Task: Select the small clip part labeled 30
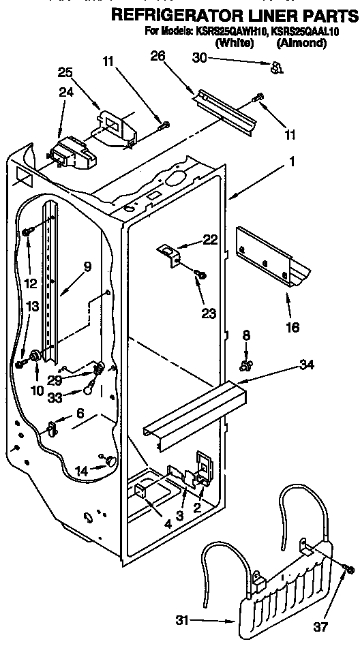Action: pyautogui.click(x=275, y=67)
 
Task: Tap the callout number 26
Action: pyautogui.click(x=157, y=57)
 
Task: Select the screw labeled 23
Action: pyautogui.click(x=201, y=276)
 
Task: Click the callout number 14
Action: pyautogui.click(x=82, y=470)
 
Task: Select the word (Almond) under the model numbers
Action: pyautogui.click(x=301, y=44)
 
